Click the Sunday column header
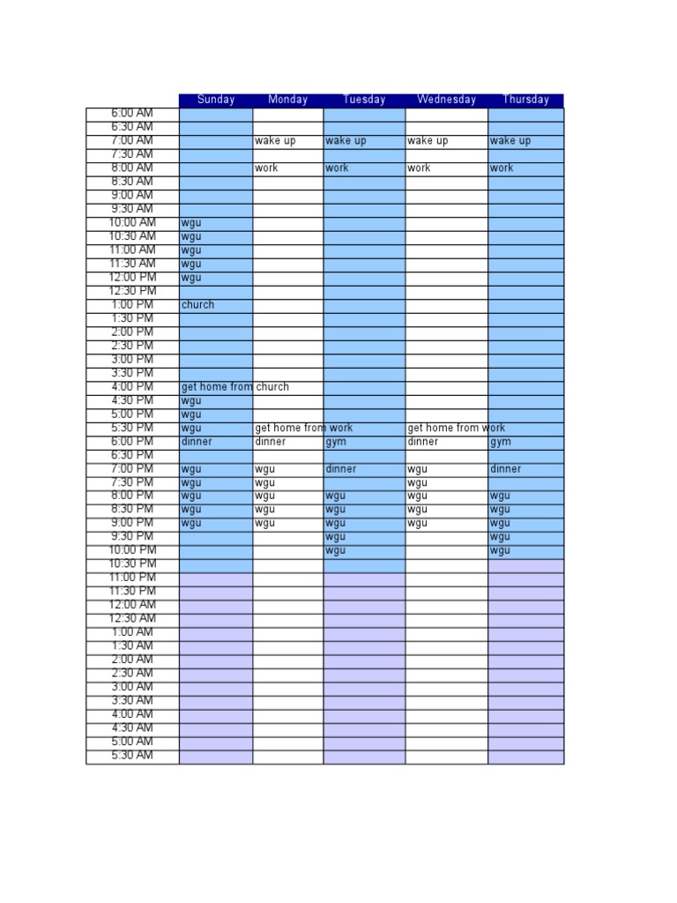tap(216, 100)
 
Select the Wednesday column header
tap(446, 100)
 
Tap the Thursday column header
tap(525, 100)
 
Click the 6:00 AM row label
tap(132, 113)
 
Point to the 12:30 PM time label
tap(132, 291)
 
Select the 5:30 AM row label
tap(132, 756)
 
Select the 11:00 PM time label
tap(132, 578)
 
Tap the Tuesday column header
tap(364, 100)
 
